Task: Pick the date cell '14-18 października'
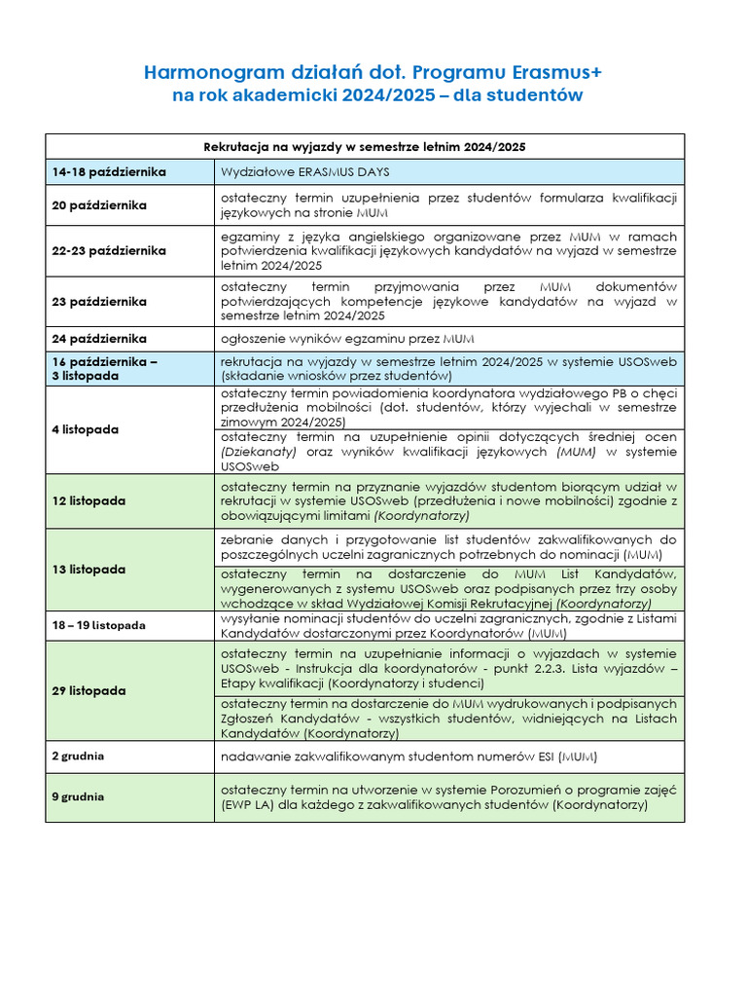pyautogui.click(x=109, y=172)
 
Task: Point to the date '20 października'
pyautogui.click(x=99, y=205)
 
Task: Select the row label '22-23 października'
pyautogui.click(x=109, y=251)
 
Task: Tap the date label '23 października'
pyautogui.click(x=99, y=302)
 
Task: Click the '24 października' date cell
pyautogui.click(x=99, y=339)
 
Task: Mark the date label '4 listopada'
pyautogui.click(x=86, y=429)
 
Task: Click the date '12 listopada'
pyautogui.click(x=89, y=500)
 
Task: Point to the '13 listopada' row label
pyautogui.click(x=89, y=569)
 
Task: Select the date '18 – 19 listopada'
pyautogui.click(x=99, y=625)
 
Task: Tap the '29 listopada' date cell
pyautogui.click(x=89, y=690)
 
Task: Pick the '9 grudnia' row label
pyautogui.click(x=78, y=796)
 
